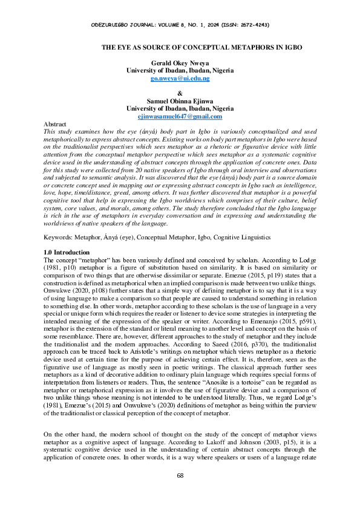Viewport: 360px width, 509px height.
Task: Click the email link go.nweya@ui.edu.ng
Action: (180, 79)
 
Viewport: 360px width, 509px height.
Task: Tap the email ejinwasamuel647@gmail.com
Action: (180, 116)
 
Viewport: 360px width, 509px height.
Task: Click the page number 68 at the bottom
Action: (180, 492)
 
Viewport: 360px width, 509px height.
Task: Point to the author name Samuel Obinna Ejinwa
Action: (180, 101)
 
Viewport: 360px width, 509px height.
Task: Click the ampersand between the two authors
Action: (180, 93)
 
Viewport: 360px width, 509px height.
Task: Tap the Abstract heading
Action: (55, 123)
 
